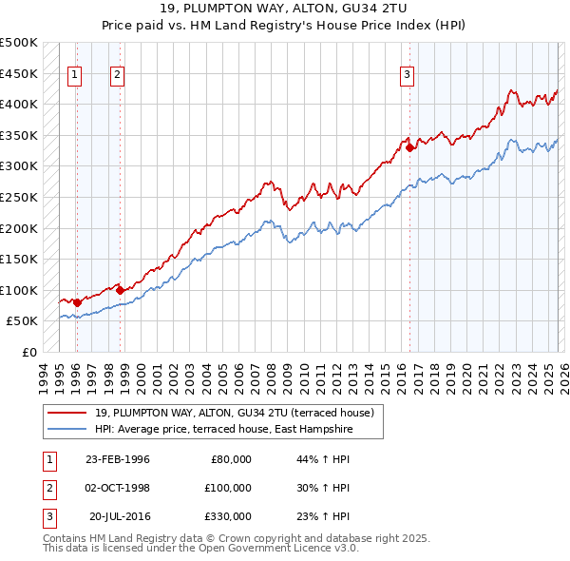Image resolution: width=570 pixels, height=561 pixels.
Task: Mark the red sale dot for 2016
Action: coord(409,147)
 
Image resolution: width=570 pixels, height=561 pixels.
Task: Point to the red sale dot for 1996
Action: coord(77,302)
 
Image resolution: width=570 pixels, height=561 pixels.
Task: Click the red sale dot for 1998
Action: coord(120,290)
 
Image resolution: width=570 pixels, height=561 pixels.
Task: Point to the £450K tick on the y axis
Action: coord(19,73)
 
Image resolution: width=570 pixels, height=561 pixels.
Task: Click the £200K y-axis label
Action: coord(19,228)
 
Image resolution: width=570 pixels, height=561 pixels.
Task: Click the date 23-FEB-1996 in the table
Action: coord(117,459)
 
